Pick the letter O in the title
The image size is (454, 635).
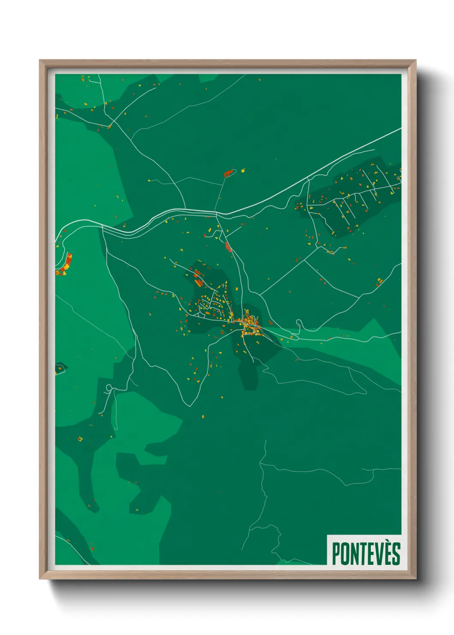click(x=345, y=554)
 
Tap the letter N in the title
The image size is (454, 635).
click(x=354, y=554)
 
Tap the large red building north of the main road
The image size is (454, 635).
click(x=229, y=173)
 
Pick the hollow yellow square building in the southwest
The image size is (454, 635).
click(x=80, y=438)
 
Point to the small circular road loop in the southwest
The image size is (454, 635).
click(x=109, y=388)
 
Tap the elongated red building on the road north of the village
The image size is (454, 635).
click(x=227, y=246)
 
